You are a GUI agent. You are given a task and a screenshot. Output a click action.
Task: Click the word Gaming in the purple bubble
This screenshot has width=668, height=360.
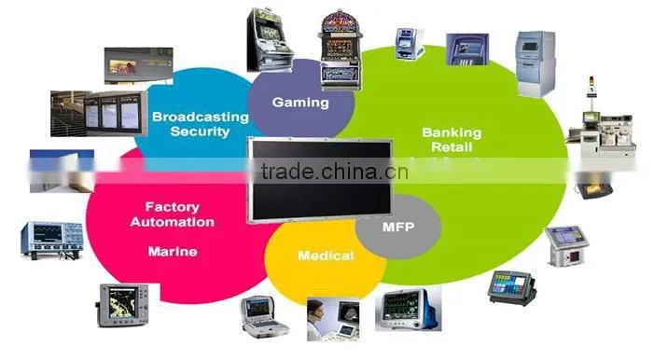(x=300, y=103)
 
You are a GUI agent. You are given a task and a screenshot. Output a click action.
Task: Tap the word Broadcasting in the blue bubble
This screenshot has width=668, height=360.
(x=201, y=117)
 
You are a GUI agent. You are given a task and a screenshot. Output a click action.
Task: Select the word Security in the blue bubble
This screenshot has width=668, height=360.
(x=200, y=132)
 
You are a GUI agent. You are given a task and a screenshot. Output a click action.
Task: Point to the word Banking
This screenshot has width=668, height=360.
(x=452, y=133)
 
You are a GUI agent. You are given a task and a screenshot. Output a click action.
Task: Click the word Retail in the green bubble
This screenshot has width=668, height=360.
(x=452, y=147)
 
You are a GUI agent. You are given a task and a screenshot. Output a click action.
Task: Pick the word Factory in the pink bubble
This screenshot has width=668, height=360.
(x=172, y=207)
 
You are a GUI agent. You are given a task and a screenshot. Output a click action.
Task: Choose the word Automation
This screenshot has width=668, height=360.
(x=172, y=222)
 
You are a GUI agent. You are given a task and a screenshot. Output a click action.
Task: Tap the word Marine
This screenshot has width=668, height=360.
(x=173, y=252)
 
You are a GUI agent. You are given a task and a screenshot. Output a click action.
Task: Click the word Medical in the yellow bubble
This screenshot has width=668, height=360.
(x=326, y=256)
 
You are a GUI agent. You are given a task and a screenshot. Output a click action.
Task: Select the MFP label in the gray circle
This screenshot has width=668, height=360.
(x=398, y=227)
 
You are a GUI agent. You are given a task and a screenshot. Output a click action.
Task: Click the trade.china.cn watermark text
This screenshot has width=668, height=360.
(x=335, y=172)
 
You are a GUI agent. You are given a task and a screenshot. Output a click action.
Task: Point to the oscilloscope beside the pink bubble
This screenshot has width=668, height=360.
(x=52, y=240)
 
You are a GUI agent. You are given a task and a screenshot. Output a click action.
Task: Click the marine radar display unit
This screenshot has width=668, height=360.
(x=123, y=306)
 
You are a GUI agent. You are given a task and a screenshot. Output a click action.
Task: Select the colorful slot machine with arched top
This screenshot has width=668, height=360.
(x=340, y=49)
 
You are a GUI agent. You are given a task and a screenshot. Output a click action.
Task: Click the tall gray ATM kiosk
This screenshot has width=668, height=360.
(x=536, y=64)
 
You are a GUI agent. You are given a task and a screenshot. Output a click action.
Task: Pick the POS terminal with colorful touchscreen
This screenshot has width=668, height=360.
(x=511, y=287)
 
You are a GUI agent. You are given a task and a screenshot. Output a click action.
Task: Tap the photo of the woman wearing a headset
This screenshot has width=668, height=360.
(x=333, y=320)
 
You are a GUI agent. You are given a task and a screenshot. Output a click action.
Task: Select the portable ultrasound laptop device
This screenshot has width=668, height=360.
(x=264, y=317)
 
